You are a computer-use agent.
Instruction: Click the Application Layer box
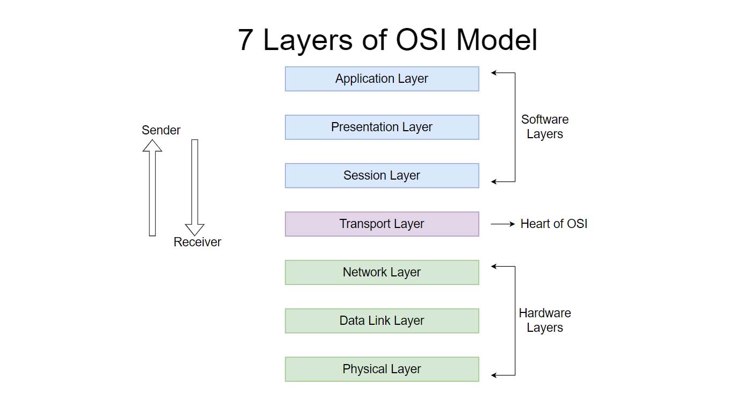382,79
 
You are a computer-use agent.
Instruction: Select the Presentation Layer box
382,127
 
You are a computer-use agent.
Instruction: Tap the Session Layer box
382,175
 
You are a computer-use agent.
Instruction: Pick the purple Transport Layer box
382,224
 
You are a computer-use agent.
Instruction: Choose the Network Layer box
382,272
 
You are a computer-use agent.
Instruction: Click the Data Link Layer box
382,321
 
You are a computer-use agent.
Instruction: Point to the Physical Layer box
382,369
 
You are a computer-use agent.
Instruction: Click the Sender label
161,130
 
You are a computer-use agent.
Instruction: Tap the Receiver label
197,242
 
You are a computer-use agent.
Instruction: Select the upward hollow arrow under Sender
153,188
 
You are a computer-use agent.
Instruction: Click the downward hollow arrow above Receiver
195,188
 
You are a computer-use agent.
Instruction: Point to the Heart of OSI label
554,224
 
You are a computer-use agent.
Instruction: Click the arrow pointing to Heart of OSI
503,224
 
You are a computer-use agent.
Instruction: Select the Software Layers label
545,126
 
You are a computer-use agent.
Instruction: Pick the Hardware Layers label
545,320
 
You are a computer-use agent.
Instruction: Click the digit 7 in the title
246,40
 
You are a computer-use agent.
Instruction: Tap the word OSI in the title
421,40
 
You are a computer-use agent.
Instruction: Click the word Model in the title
496,40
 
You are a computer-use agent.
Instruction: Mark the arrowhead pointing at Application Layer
493,73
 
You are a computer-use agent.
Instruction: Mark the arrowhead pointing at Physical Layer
493,375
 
